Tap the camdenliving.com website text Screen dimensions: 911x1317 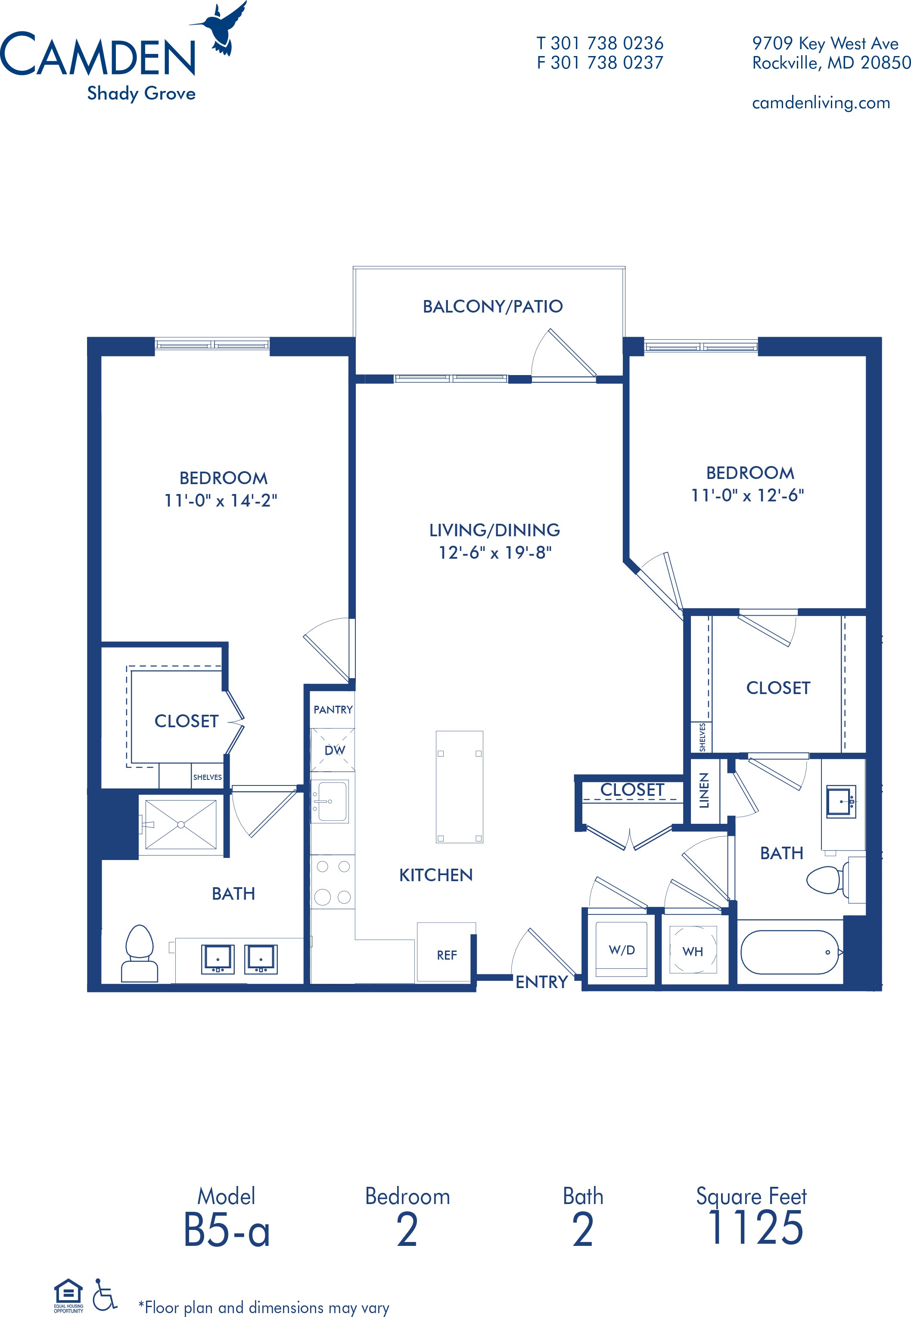click(821, 103)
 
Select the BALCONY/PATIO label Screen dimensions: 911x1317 click(493, 307)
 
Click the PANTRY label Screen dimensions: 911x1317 click(333, 709)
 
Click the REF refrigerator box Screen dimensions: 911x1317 click(446, 952)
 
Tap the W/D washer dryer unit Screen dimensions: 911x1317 click(622, 950)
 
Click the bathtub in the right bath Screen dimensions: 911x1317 click(790, 952)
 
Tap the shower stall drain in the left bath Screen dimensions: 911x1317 click(181, 824)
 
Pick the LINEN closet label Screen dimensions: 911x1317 click(704, 791)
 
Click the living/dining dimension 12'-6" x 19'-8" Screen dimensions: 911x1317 click(495, 553)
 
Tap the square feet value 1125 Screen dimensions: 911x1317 click(755, 1228)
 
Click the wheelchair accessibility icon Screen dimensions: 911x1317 click(105, 1294)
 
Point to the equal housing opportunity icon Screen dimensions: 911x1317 click(68, 1295)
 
